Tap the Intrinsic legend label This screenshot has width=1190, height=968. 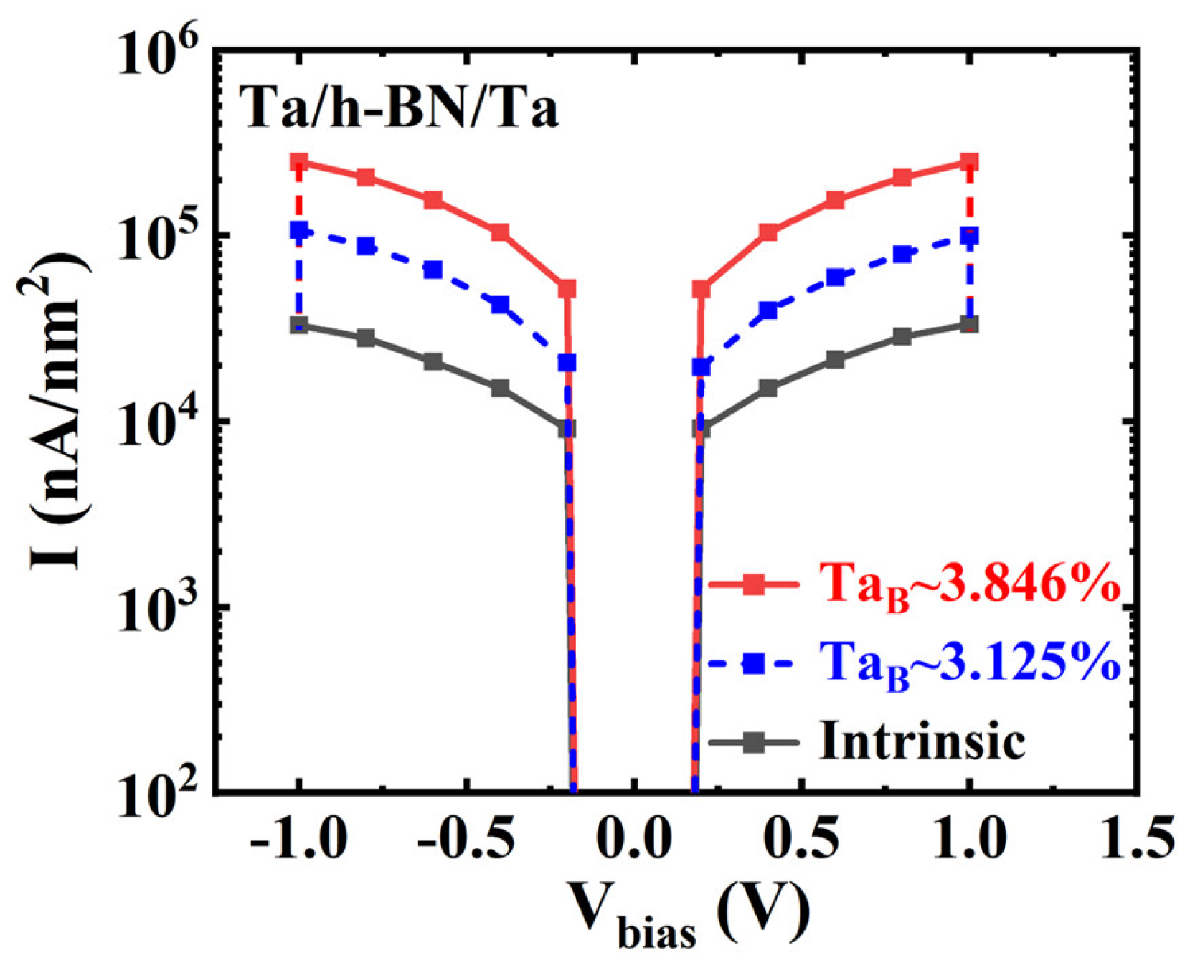click(x=922, y=741)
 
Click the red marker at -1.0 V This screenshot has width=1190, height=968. click(x=299, y=163)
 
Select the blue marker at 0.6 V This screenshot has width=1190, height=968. click(x=836, y=277)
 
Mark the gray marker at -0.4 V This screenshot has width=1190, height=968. click(x=500, y=389)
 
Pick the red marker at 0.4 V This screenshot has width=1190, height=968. click(x=768, y=232)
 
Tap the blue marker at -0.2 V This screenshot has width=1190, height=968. click(x=567, y=363)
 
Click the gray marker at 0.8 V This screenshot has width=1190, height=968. click(x=902, y=337)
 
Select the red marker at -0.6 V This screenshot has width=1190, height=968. click(x=433, y=200)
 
